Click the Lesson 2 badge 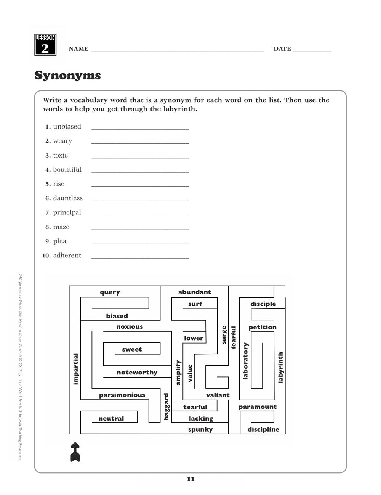[45, 45]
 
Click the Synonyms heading [67, 75]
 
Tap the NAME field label [78, 49]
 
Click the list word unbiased [67, 127]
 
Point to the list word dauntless [68, 198]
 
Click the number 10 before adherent [46, 256]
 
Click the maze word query [110, 292]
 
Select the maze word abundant [194, 292]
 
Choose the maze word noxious [130, 327]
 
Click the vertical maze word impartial [75, 369]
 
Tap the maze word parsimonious [122, 395]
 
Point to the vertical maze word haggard [166, 407]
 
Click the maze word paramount [258, 407]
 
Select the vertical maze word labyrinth [281, 367]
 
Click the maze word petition [263, 328]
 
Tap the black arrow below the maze [75, 452]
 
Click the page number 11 [191, 479]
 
